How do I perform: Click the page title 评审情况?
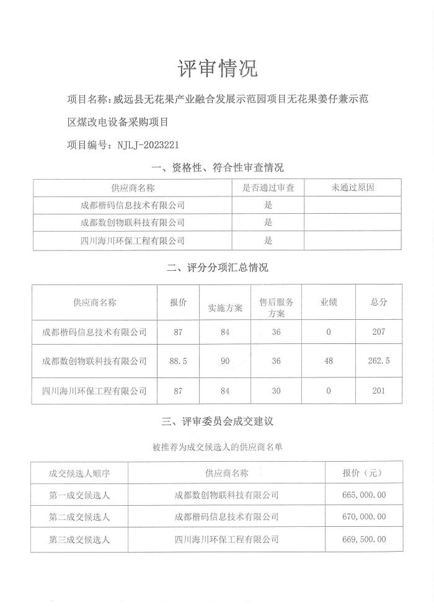[217, 68]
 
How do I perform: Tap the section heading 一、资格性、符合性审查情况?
[217, 167]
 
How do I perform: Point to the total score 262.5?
[378, 361]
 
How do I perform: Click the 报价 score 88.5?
[178, 361]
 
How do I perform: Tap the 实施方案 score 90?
[224, 361]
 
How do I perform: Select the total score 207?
[378, 332]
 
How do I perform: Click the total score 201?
[378, 390]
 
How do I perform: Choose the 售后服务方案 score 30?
[276, 390]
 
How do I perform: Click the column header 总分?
[378, 302]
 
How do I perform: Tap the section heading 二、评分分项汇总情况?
[217, 268]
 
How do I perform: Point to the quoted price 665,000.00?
[363, 495]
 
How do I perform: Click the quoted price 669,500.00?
[363, 540]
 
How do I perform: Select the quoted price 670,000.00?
[363, 516]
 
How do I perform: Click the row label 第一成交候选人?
[79, 495]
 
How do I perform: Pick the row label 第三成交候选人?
[79, 540]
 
